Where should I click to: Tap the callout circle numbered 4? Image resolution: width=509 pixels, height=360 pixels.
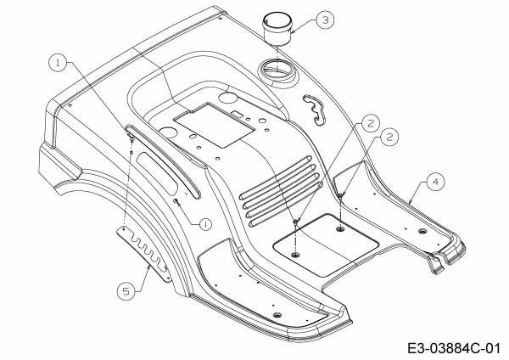click(x=433, y=181)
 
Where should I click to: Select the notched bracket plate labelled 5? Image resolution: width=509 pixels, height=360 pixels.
click(x=149, y=247)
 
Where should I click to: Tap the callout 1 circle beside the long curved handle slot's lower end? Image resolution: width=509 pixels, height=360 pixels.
click(x=204, y=223)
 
